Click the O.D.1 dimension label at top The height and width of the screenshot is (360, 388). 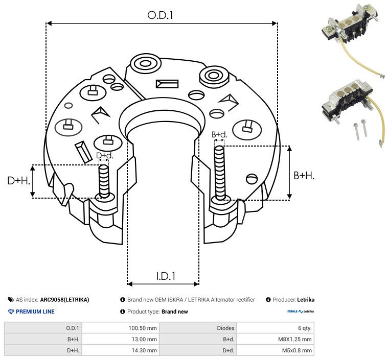click(x=161, y=15)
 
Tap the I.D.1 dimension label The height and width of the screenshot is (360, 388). click(x=166, y=276)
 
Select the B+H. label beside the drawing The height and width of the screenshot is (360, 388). click(x=304, y=176)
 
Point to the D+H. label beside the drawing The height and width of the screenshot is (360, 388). click(x=19, y=181)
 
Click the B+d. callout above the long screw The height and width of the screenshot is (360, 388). click(x=219, y=135)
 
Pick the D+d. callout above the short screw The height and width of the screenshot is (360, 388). click(x=104, y=155)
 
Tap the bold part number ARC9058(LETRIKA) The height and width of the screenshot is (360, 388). click(x=64, y=300)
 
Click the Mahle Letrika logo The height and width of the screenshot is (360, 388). click(x=301, y=311)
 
